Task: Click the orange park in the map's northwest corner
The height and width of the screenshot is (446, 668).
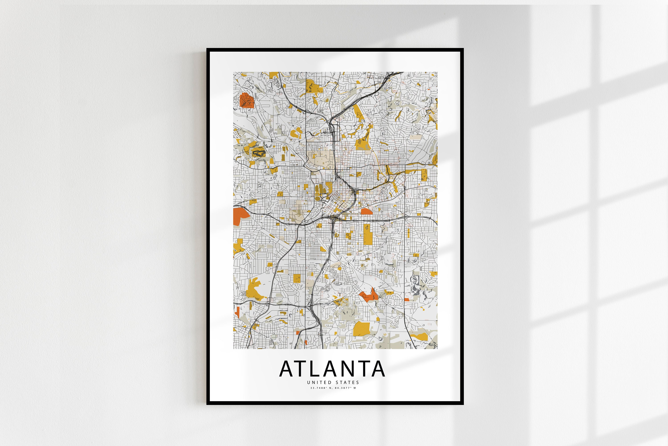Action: click(246, 100)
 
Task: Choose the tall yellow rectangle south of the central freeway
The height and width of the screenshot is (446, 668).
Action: click(368, 234)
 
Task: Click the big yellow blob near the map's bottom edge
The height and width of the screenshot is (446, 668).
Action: click(361, 329)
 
